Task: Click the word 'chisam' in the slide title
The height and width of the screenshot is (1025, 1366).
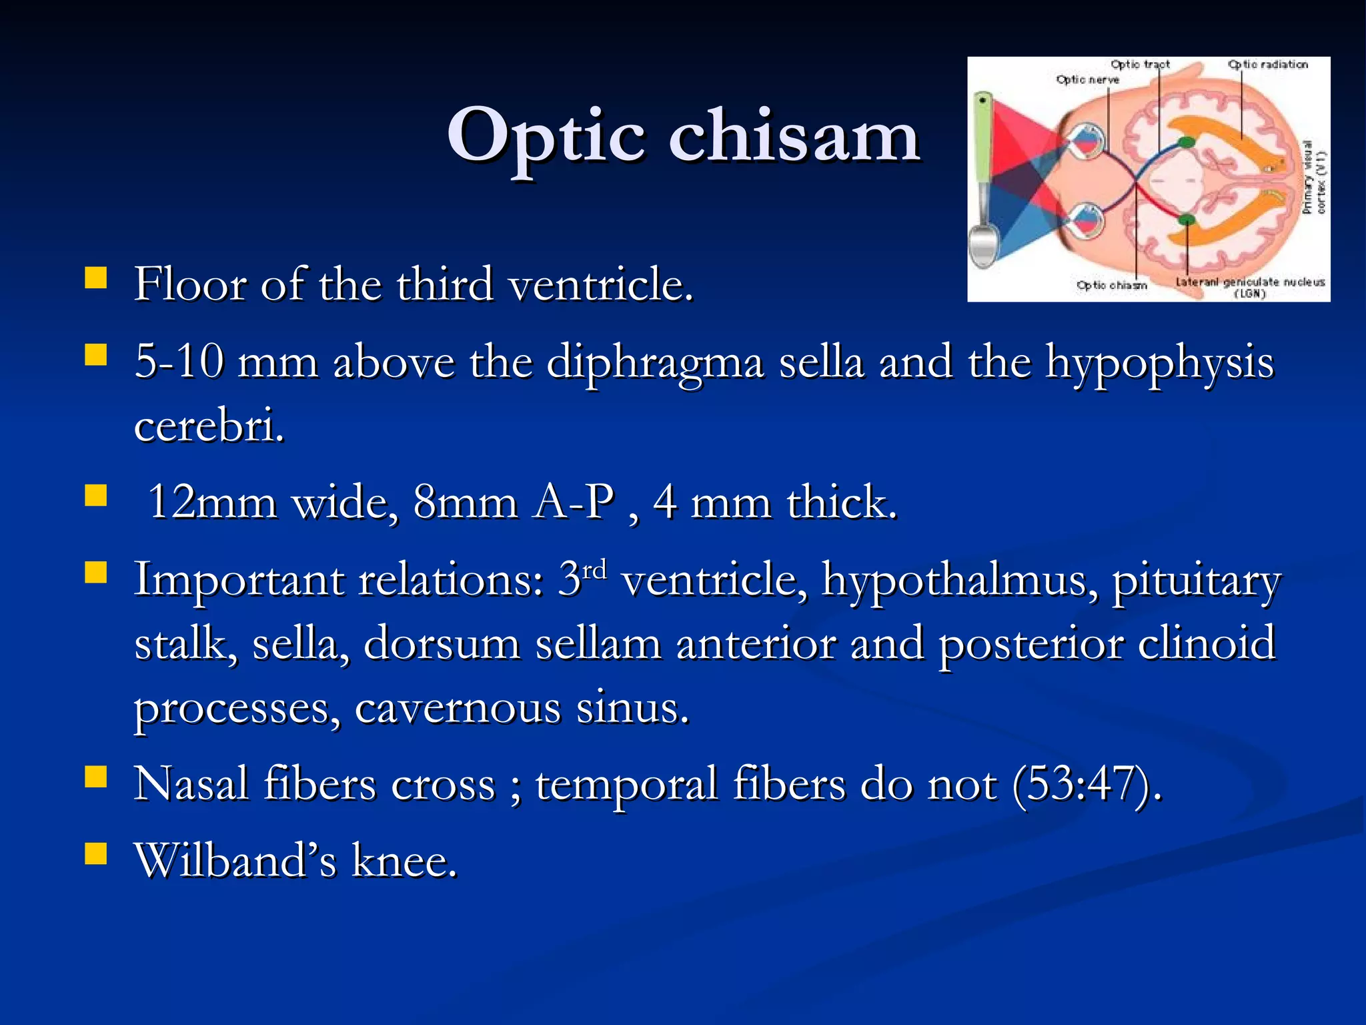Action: point(794,137)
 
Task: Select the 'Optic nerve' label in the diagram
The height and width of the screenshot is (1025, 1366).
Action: point(1087,80)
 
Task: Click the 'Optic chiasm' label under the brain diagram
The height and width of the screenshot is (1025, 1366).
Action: point(1111,286)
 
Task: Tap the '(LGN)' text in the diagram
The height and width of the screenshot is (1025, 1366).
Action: point(1249,294)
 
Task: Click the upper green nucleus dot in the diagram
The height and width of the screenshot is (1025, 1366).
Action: point(1186,141)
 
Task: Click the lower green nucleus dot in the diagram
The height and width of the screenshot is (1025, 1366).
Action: point(1186,220)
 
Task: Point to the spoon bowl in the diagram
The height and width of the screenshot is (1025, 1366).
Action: point(982,247)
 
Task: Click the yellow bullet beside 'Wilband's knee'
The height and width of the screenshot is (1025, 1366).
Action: point(96,853)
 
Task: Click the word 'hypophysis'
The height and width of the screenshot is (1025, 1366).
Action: point(1159,362)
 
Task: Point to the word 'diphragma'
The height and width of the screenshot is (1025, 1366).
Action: point(654,362)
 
